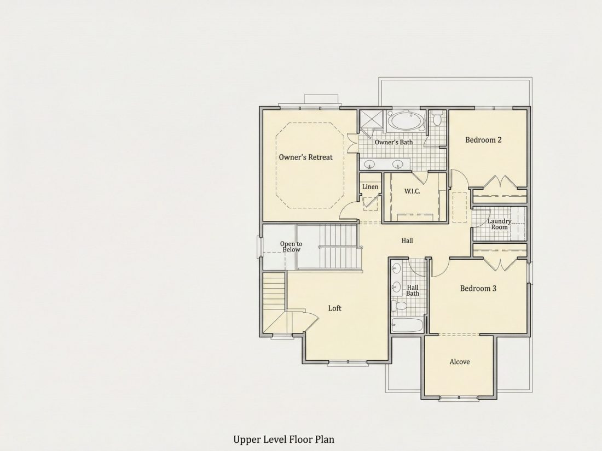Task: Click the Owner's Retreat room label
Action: pyautogui.click(x=305, y=157)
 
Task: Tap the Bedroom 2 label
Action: pyautogui.click(x=483, y=139)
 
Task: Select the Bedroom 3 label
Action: pyautogui.click(x=478, y=288)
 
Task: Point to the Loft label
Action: pyautogui.click(x=334, y=308)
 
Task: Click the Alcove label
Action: pyautogui.click(x=460, y=362)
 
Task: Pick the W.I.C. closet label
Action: pyautogui.click(x=412, y=191)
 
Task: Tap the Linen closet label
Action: pyautogui.click(x=370, y=187)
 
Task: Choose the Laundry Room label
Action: pyautogui.click(x=499, y=224)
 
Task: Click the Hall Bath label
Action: pyautogui.click(x=413, y=290)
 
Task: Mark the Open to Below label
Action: pyautogui.click(x=291, y=247)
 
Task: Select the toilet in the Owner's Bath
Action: pyautogui.click(x=437, y=118)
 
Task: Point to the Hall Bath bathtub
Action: pyautogui.click(x=407, y=325)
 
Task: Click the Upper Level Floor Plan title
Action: pyautogui.click(x=283, y=439)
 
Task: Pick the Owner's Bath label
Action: pyautogui.click(x=393, y=142)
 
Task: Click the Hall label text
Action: pyautogui.click(x=407, y=241)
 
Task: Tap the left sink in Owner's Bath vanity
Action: pyautogui.click(x=370, y=165)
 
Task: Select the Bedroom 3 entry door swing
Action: pyautogui.click(x=441, y=267)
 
